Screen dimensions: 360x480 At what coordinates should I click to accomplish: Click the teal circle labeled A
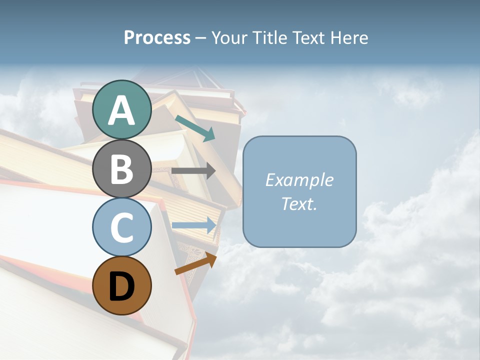[x=121, y=109]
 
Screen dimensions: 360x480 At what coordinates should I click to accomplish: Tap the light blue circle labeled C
[x=121, y=227]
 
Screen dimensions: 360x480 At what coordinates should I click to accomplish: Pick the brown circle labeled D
[x=121, y=285]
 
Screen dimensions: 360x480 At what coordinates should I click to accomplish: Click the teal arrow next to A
[x=195, y=128]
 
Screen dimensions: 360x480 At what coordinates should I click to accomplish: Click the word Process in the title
[x=157, y=38]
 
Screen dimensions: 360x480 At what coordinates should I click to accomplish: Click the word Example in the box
[x=299, y=180]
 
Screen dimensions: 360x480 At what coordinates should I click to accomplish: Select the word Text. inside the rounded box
[x=299, y=203]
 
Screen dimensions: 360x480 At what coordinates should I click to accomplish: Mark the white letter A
[x=121, y=110]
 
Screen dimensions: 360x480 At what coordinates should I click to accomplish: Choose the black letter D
[x=121, y=286]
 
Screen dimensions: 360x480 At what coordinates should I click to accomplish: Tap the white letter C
[x=121, y=227]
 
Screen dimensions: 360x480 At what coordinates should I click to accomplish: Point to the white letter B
[x=121, y=169]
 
